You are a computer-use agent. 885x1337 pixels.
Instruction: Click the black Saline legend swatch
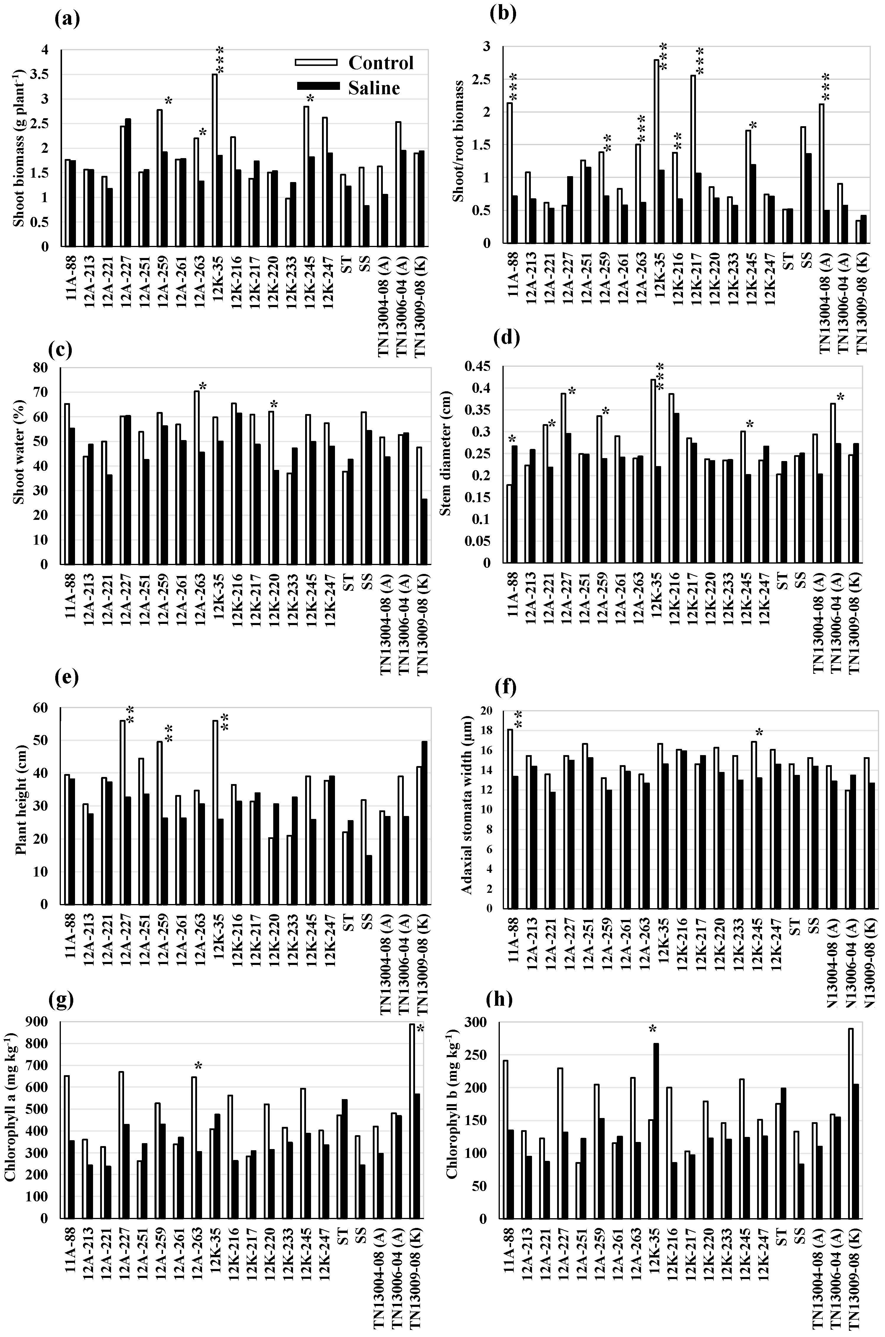pyautogui.click(x=318, y=86)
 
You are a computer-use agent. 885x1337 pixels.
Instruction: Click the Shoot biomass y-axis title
pyautogui.click(x=18, y=148)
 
